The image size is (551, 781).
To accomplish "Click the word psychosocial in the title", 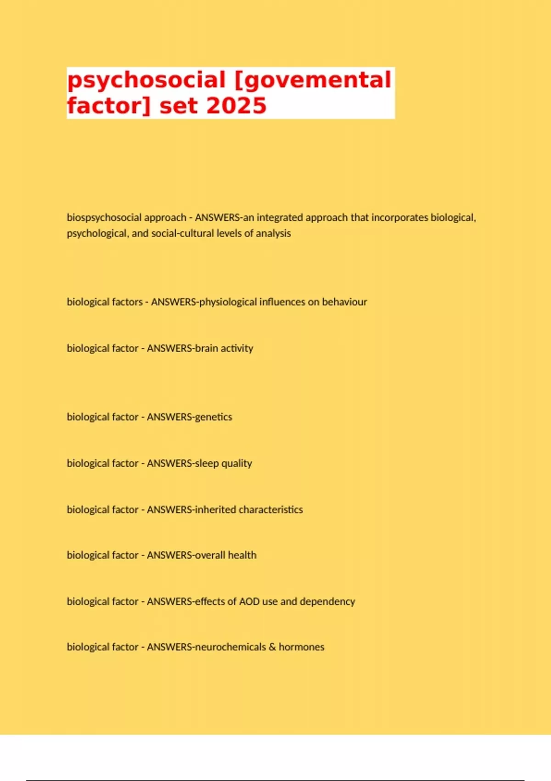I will tap(146, 81).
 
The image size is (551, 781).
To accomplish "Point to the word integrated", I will tap(280, 217).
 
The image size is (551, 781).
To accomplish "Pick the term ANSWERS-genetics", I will tap(189, 417).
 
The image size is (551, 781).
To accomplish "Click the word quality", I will tap(236, 464).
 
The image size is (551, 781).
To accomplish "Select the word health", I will tap(242, 555).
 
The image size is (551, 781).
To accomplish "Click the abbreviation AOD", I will tap(249, 601).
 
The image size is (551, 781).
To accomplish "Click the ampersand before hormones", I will tap(272, 647).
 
